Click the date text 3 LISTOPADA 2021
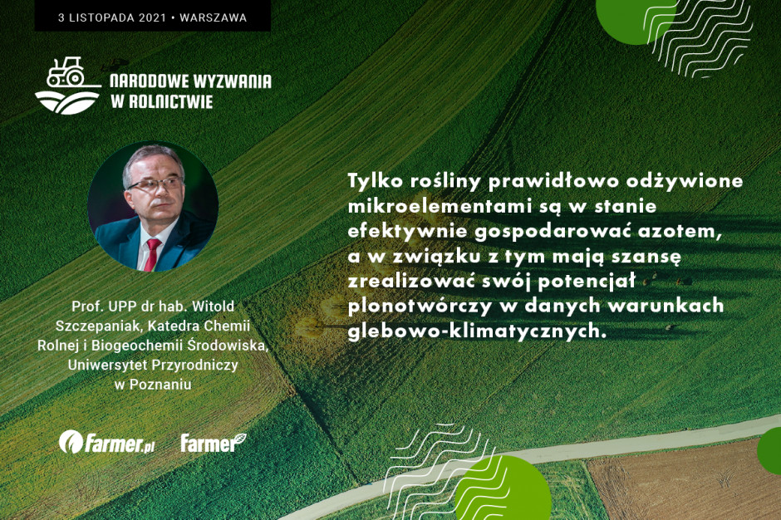click(x=112, y=18)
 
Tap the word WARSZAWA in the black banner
click(x=214, y=18)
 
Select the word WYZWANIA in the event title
click(x=232, y=81)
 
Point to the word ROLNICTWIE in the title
click(x=171, y=101)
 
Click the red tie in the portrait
click(x=152, y=254)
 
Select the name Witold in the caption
click(x=213, y=306)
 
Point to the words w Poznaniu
click(x=153, y=385)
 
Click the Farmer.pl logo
click(x=106, y=442)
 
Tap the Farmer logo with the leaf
click(x=214, y=442)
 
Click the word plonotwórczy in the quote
click(x=420, y=307)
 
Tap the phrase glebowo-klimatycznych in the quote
click(x=477, y=331)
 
